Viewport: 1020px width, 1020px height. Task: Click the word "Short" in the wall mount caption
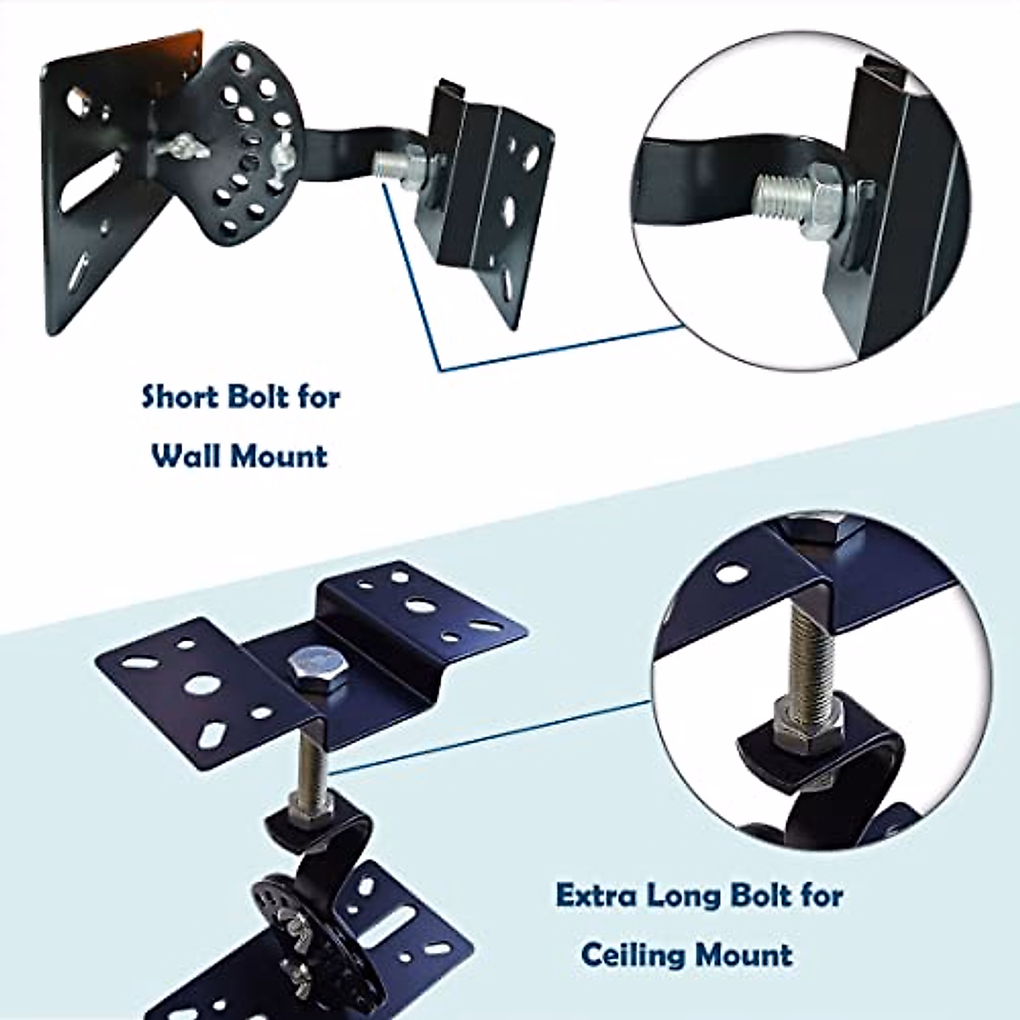click(177, 397)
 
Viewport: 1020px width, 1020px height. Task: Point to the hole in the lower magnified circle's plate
click(727, 575)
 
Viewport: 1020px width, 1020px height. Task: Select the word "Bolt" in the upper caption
click(258, 397)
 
